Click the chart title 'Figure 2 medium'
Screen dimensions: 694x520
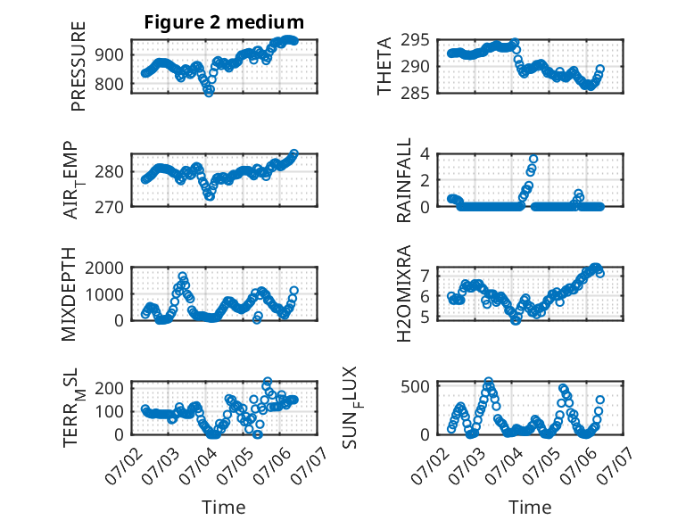224,22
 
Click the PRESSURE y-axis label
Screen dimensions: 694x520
78,66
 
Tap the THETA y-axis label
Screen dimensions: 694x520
384,66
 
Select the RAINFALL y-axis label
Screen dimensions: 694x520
404,180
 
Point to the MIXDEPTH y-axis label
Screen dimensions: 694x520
69,294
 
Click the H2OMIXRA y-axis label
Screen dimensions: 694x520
404,293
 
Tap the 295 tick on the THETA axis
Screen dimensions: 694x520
415,40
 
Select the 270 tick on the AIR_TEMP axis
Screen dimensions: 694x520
109,207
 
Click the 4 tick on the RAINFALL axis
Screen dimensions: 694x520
425,154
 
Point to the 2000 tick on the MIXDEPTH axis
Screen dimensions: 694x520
104,268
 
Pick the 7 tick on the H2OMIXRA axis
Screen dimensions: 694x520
425,276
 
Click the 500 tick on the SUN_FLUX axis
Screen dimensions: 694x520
415,386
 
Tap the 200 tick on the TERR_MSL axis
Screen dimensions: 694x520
109,388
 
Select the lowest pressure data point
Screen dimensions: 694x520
209,93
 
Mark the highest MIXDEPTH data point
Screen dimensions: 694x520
182,276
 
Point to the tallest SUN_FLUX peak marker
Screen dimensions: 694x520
488,381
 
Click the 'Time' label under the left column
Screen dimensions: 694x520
224,508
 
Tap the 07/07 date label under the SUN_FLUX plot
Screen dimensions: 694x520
613,463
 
